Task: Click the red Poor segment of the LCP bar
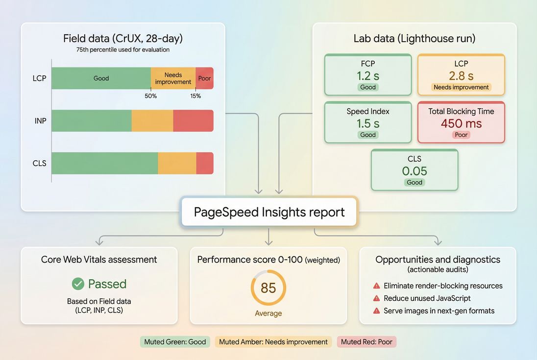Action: click(204, 78)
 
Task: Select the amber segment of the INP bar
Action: click(152, 121)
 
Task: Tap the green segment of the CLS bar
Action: click(104, 163)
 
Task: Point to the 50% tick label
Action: click(151, 96)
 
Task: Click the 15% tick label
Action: click(195, 96)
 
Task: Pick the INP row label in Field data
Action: click(41, 120)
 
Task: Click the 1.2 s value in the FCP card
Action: click(368, 75)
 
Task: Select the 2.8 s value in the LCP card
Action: click(461, 75)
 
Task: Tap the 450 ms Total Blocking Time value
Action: click(461, 123)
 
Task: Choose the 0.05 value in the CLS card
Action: click(415, 171)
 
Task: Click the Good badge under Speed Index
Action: click(368, 135)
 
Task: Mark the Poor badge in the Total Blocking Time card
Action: click(461, 135)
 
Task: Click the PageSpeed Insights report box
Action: click(269, 212)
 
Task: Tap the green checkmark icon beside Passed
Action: click(78, 284)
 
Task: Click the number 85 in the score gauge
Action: click(268, 288)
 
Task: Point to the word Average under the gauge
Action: click(268, 313)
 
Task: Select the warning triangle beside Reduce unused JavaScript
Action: click(377, 298)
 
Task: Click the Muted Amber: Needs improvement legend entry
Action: click(273, 342)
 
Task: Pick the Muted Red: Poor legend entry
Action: click(366, 342)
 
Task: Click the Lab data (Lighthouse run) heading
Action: click(415, 39)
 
